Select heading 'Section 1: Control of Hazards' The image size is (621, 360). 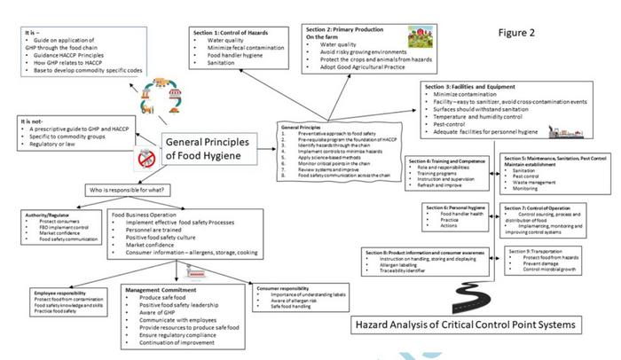232,32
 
